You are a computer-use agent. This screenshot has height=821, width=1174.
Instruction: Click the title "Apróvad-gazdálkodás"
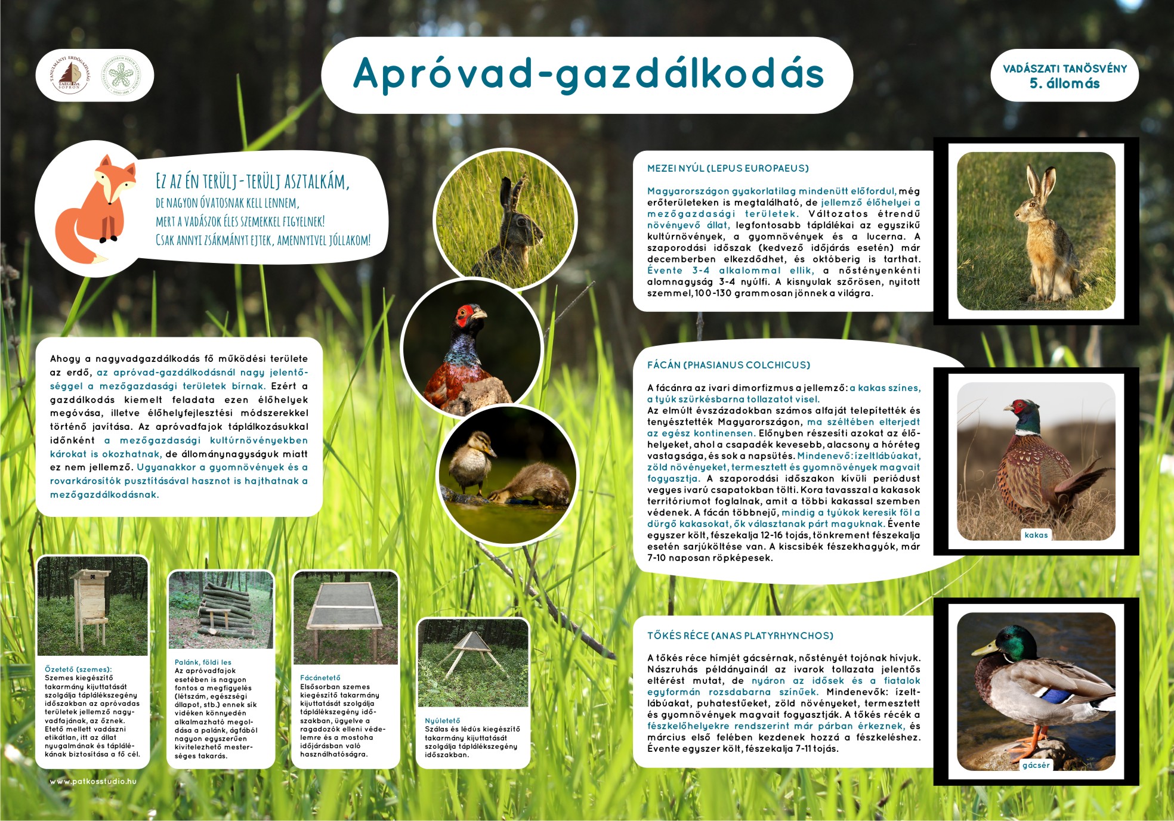coord(588,75)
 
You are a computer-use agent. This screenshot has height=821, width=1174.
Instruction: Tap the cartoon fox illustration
coord(95,209)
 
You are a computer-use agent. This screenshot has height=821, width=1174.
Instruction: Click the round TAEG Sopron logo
coord(70,75)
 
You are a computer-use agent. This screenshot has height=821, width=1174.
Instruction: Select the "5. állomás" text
coord(1064,83)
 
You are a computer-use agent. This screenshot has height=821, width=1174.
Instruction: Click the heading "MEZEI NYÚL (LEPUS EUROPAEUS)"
coord(728,168)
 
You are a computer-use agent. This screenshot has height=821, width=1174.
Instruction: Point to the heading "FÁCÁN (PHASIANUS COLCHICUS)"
coord(728,365)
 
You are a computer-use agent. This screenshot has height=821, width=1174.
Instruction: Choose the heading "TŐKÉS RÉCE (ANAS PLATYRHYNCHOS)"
coord(740,636)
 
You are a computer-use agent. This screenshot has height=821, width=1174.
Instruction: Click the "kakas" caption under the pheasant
coord(1036,535)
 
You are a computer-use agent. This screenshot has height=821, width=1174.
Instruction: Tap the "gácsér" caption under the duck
coord(1036,765)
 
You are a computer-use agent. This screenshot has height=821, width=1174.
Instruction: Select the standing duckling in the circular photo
coord(471,462)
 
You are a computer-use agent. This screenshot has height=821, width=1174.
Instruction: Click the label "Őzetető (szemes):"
coord(78,670)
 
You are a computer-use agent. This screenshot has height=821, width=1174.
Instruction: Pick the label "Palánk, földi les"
coord(203,662)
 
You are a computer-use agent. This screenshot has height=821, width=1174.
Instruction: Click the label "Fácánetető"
coord(320,678)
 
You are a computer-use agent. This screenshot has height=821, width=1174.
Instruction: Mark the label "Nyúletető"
coord(442,721)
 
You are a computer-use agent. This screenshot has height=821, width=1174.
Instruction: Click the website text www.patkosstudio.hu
coord(93,781)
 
